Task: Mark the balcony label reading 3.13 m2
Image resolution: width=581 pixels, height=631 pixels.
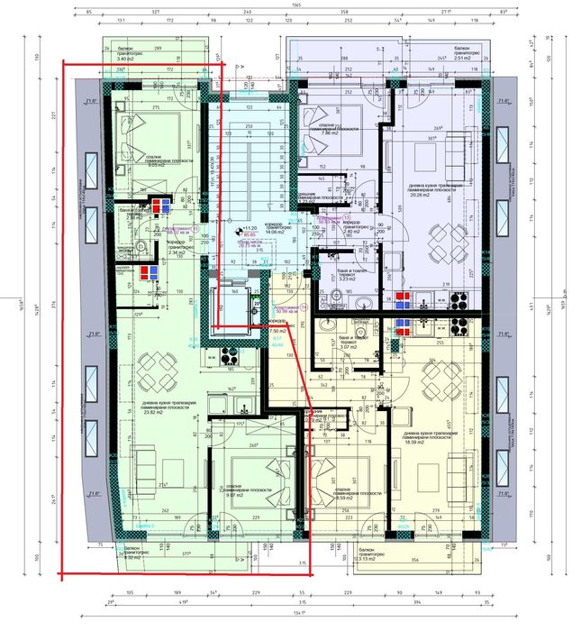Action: tap(368, 559)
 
